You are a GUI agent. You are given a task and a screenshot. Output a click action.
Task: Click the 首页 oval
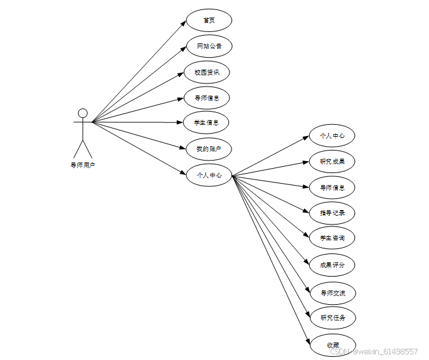(x=209, y=20)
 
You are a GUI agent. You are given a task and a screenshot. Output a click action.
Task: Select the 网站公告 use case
(x=209, y=46)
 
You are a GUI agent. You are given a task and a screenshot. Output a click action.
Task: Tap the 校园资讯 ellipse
(x=207, y=72)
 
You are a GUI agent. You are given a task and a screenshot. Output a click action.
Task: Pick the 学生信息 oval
(x=207, y=123)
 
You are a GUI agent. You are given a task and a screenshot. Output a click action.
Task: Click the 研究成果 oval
(x=332, y=161)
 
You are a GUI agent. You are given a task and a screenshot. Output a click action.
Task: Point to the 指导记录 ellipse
(x=332, y=213)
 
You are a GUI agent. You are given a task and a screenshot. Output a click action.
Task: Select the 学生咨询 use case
(x=332, y=238)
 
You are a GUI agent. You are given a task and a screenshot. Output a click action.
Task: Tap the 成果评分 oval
(x=332, y=265)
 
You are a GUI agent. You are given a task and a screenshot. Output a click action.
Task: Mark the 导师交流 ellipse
(x=332, y=292)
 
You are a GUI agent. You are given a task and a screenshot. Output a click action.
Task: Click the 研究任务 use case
(x=332, y=317)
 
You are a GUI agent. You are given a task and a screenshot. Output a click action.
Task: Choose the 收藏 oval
(x=332, y=345)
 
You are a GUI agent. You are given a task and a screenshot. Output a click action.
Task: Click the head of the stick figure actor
(x=82, y=113)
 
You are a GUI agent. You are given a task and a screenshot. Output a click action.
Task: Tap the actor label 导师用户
(x=83, y=166)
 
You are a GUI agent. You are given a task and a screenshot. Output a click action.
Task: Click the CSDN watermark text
(x=374, y=352)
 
